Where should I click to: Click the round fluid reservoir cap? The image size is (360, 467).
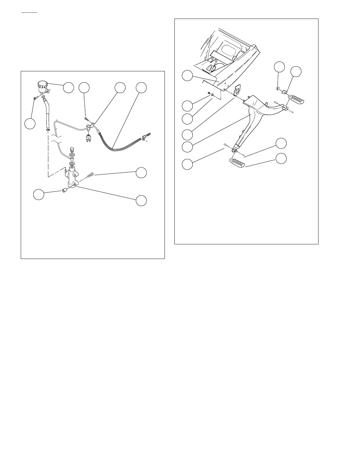click(x=42, y=84)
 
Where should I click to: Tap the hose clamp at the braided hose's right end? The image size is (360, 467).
click(x=144, y=137)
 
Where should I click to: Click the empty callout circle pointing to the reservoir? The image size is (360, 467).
click(x=68, y=87)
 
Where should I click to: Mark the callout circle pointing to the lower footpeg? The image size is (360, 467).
click(x=281, y=158)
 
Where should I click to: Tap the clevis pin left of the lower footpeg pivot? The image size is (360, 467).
click(x=225, y=145)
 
